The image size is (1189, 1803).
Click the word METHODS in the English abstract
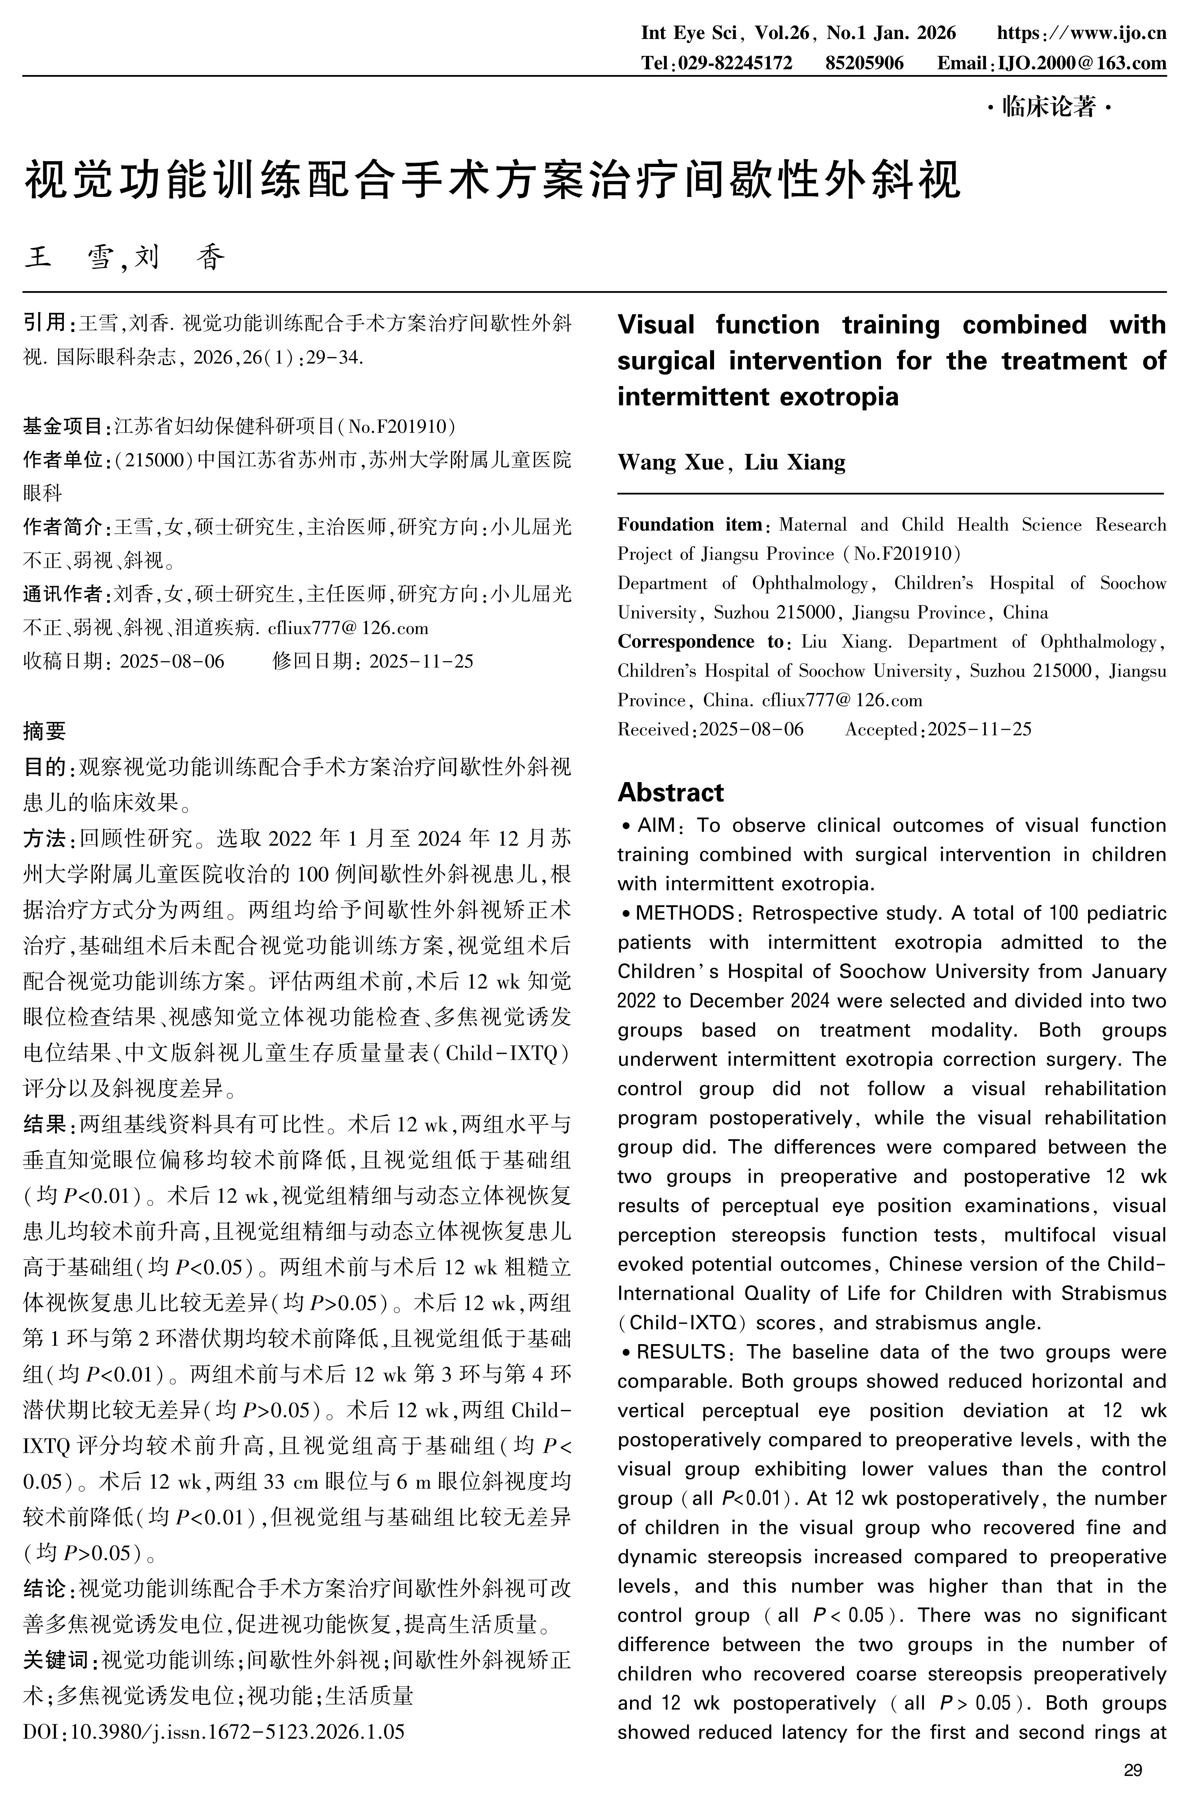click(x=685, y=912)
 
